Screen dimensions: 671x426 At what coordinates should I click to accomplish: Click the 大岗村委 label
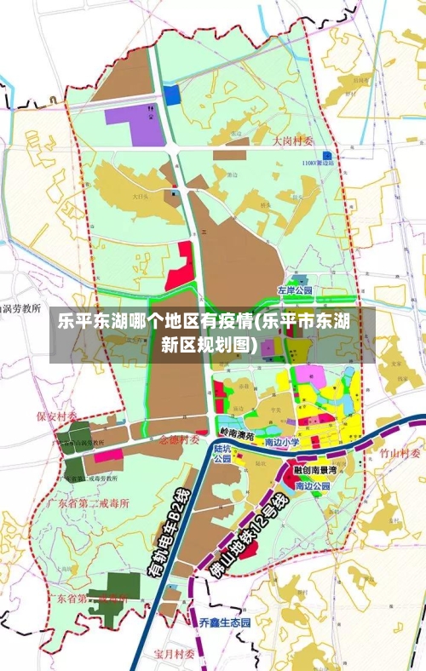(x=293, y=141)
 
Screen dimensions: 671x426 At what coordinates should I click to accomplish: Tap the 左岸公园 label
(x=295, y=290)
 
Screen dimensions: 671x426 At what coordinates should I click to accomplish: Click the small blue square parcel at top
(x=172, y=95)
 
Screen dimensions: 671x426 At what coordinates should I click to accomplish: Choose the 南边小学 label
(x=282, y=443)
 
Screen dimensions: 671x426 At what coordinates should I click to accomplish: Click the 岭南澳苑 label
(x=236, y=434)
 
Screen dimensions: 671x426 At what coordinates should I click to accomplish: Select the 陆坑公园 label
(x=222, y=452)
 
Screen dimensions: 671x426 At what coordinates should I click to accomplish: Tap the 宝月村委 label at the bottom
(x=175, y=654)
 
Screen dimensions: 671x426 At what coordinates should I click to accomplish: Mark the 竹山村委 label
(x=400, y=453)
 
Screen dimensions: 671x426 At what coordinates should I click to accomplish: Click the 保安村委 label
(x=56, y=416)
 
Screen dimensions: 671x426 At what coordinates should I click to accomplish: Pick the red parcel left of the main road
(x=180, y=267)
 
